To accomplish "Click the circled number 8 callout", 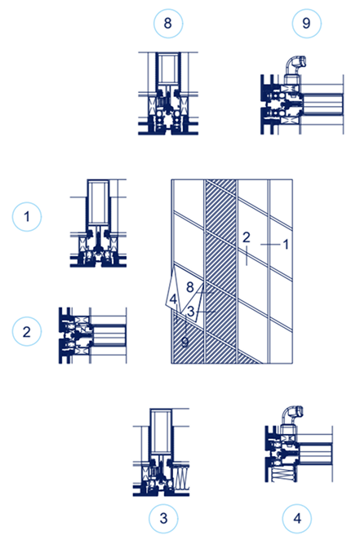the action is (168, 24).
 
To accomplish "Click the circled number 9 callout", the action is (306, 24).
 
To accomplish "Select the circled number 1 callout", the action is (27, 217).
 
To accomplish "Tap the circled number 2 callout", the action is (27, 332).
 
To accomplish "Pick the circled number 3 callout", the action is (163, 518).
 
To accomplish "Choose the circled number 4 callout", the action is (297, 518).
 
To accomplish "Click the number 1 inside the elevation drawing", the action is (286, 244).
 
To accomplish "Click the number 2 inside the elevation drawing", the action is (246, 237).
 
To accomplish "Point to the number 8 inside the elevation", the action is (190, 287).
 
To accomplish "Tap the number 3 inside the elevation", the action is (191, 312).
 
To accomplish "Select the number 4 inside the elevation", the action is (173, 299).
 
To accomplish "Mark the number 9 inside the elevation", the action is (185, 342).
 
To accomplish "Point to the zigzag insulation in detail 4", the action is (283, 475).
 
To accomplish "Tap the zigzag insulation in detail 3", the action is (182, 476).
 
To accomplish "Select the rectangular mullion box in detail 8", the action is (168, 69).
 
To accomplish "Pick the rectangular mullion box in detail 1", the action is (99, 203).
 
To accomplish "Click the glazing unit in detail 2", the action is (109, 335).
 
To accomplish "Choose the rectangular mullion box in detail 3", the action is (162, 432).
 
